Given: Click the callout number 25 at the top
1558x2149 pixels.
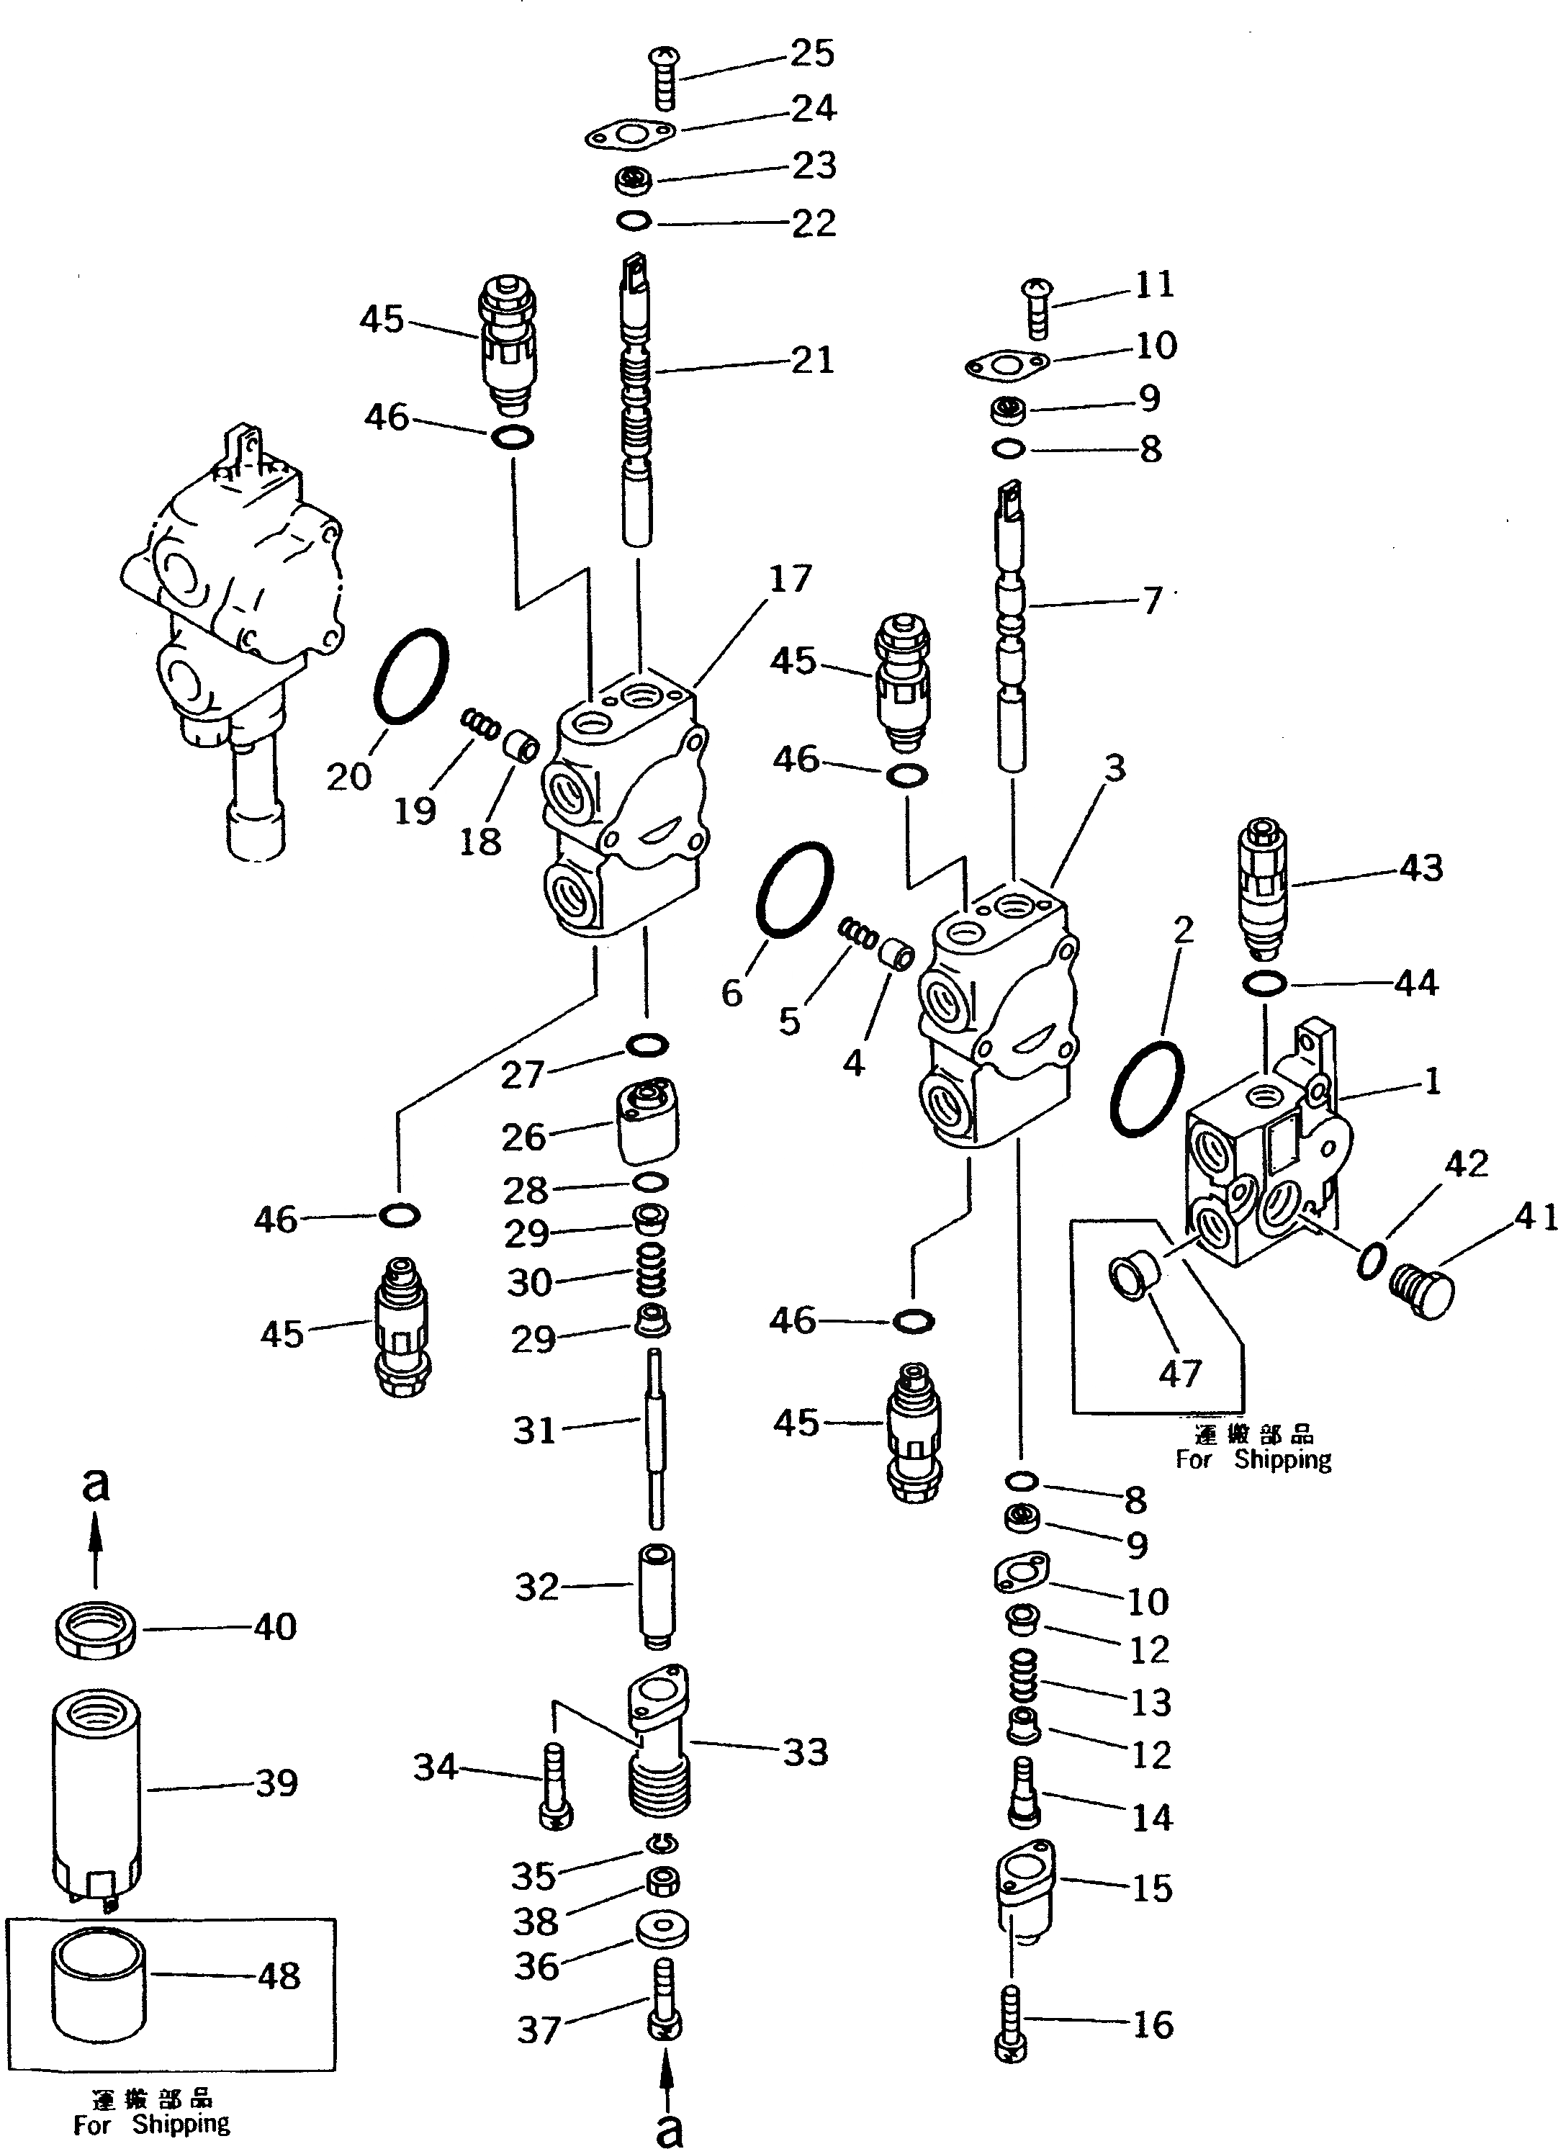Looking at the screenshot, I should [x=812, y=53].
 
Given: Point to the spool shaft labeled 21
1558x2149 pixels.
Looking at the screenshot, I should [x=638, y=398].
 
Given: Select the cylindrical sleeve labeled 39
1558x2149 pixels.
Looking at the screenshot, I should [x=95, y=1783].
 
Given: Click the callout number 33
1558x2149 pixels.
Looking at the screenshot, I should [x=806, y=1752].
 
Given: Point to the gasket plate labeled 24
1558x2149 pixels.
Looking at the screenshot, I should [x=629, y=135].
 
